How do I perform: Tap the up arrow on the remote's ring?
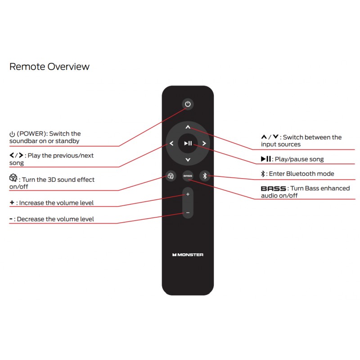[188, 127]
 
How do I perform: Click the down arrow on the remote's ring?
[188, 160]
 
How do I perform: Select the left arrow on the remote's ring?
[171, 143]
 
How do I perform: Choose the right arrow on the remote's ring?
[204, 143]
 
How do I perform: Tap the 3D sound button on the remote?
[171, 176]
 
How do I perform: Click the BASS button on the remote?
[188, 176]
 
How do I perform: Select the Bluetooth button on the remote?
[205, 176]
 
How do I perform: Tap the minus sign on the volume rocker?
[188, 213]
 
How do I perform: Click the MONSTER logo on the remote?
[188, 255]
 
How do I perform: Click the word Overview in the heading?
[69, 67]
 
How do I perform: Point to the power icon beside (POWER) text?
[12, 134]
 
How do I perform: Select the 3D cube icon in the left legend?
[13, 178]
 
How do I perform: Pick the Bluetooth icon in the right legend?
[263, 174]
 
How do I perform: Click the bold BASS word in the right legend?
[274, 189]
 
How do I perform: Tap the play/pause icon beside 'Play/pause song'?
[266, 159]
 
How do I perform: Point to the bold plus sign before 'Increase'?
[12, 202]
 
